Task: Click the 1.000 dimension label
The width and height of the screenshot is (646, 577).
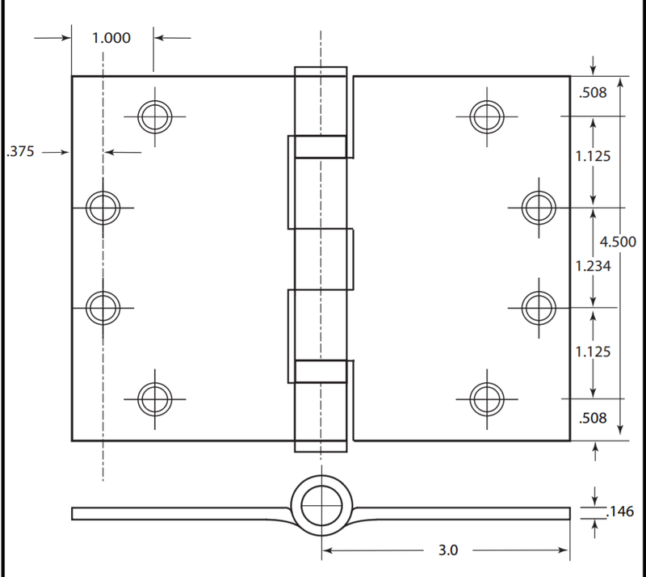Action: click(111, 37)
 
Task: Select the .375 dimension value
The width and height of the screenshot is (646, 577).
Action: click(21, 151)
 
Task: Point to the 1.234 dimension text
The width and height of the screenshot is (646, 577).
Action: click(593, 265)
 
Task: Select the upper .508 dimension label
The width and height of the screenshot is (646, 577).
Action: click(593, 93)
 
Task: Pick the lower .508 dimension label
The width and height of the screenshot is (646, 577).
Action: click(593, 419)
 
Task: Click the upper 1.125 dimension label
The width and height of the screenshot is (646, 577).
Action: click(593, 156)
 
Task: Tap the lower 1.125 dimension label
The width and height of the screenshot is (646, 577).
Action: click(593, 352)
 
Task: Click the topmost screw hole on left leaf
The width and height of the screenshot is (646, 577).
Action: click(153, 117)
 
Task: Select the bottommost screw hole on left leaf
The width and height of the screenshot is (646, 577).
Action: click(153, 398)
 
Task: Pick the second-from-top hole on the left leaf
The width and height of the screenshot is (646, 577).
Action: click(103, 208)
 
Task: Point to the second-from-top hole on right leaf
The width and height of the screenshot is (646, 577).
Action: click(538, 206)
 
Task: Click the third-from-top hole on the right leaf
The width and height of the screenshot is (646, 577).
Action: click(538, 306)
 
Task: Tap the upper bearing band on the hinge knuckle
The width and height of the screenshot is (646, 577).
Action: click(321, 146)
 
